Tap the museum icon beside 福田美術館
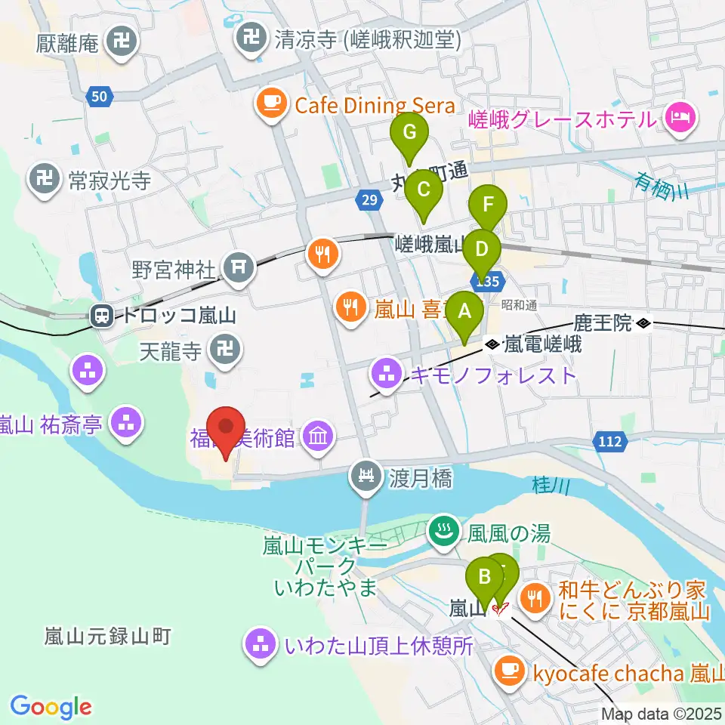pos(318,437)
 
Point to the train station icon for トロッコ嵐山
pos(101,316)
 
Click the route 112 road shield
pos(609,441)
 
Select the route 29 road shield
pos(368,199)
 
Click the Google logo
pos(51,708)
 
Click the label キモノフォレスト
pos(492,375)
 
